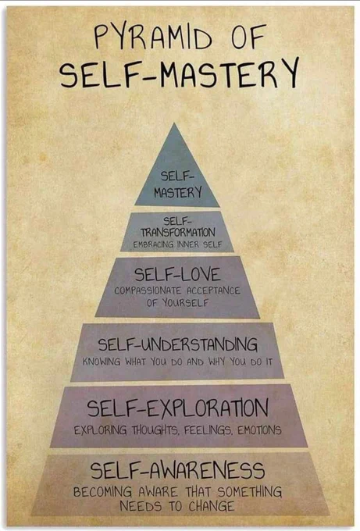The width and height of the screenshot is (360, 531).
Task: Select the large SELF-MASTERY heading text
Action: click(180, 73)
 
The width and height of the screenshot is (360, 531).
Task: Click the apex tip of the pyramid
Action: click(174, 123)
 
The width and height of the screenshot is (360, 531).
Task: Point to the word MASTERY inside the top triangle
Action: click(178, 193)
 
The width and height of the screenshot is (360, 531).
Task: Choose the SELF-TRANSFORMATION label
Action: click(178, 227)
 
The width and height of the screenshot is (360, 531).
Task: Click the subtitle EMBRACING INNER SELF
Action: click(177, 244)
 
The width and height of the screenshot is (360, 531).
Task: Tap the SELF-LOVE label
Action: click(177, 274)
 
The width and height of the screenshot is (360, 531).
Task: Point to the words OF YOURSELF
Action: click(177, 302)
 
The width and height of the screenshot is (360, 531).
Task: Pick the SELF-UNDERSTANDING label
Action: click(178, 344)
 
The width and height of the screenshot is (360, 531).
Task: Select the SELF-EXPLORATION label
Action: click(178, 408)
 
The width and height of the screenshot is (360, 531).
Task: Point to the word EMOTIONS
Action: click(259, 430)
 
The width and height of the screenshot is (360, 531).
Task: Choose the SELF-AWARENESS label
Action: click(177, 470)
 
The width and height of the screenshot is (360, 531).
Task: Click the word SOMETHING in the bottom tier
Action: click(250, 492)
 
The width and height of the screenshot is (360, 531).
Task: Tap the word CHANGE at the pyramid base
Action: click(212, 507)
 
